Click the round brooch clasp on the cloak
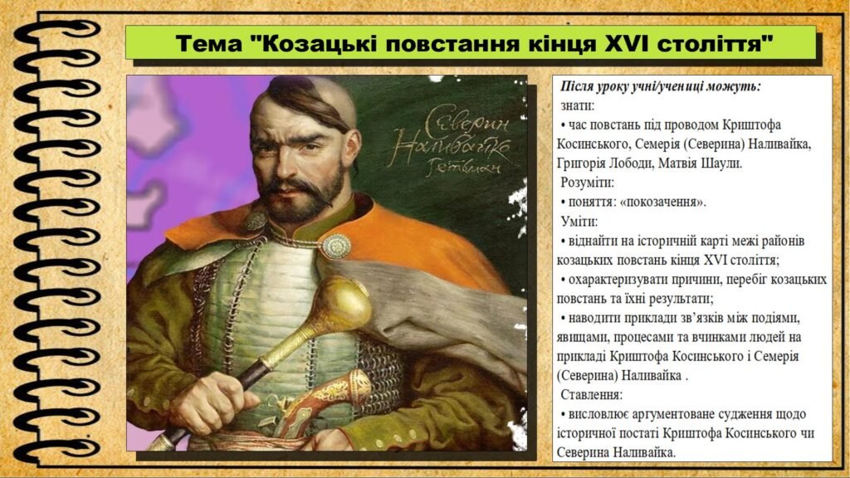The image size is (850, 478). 336,245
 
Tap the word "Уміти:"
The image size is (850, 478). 579,222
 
